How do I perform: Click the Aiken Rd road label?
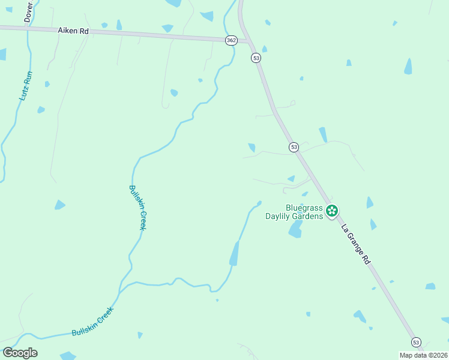[73, 30]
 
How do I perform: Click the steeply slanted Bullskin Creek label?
[137, 207]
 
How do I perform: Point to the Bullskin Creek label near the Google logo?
[92, 322]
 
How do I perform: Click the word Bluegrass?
[304, 208]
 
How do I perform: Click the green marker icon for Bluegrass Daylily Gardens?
[332, 211]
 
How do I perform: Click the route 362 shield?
[232, 40]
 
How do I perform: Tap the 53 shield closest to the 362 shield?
[256, 58]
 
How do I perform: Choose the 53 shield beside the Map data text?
[416, 342]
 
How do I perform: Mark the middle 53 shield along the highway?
[294, 147]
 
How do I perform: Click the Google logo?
[20, 353]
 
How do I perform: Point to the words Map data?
[413, 355]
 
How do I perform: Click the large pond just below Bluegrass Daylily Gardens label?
[295, 229]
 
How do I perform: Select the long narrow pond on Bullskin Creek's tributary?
[234, 254]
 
